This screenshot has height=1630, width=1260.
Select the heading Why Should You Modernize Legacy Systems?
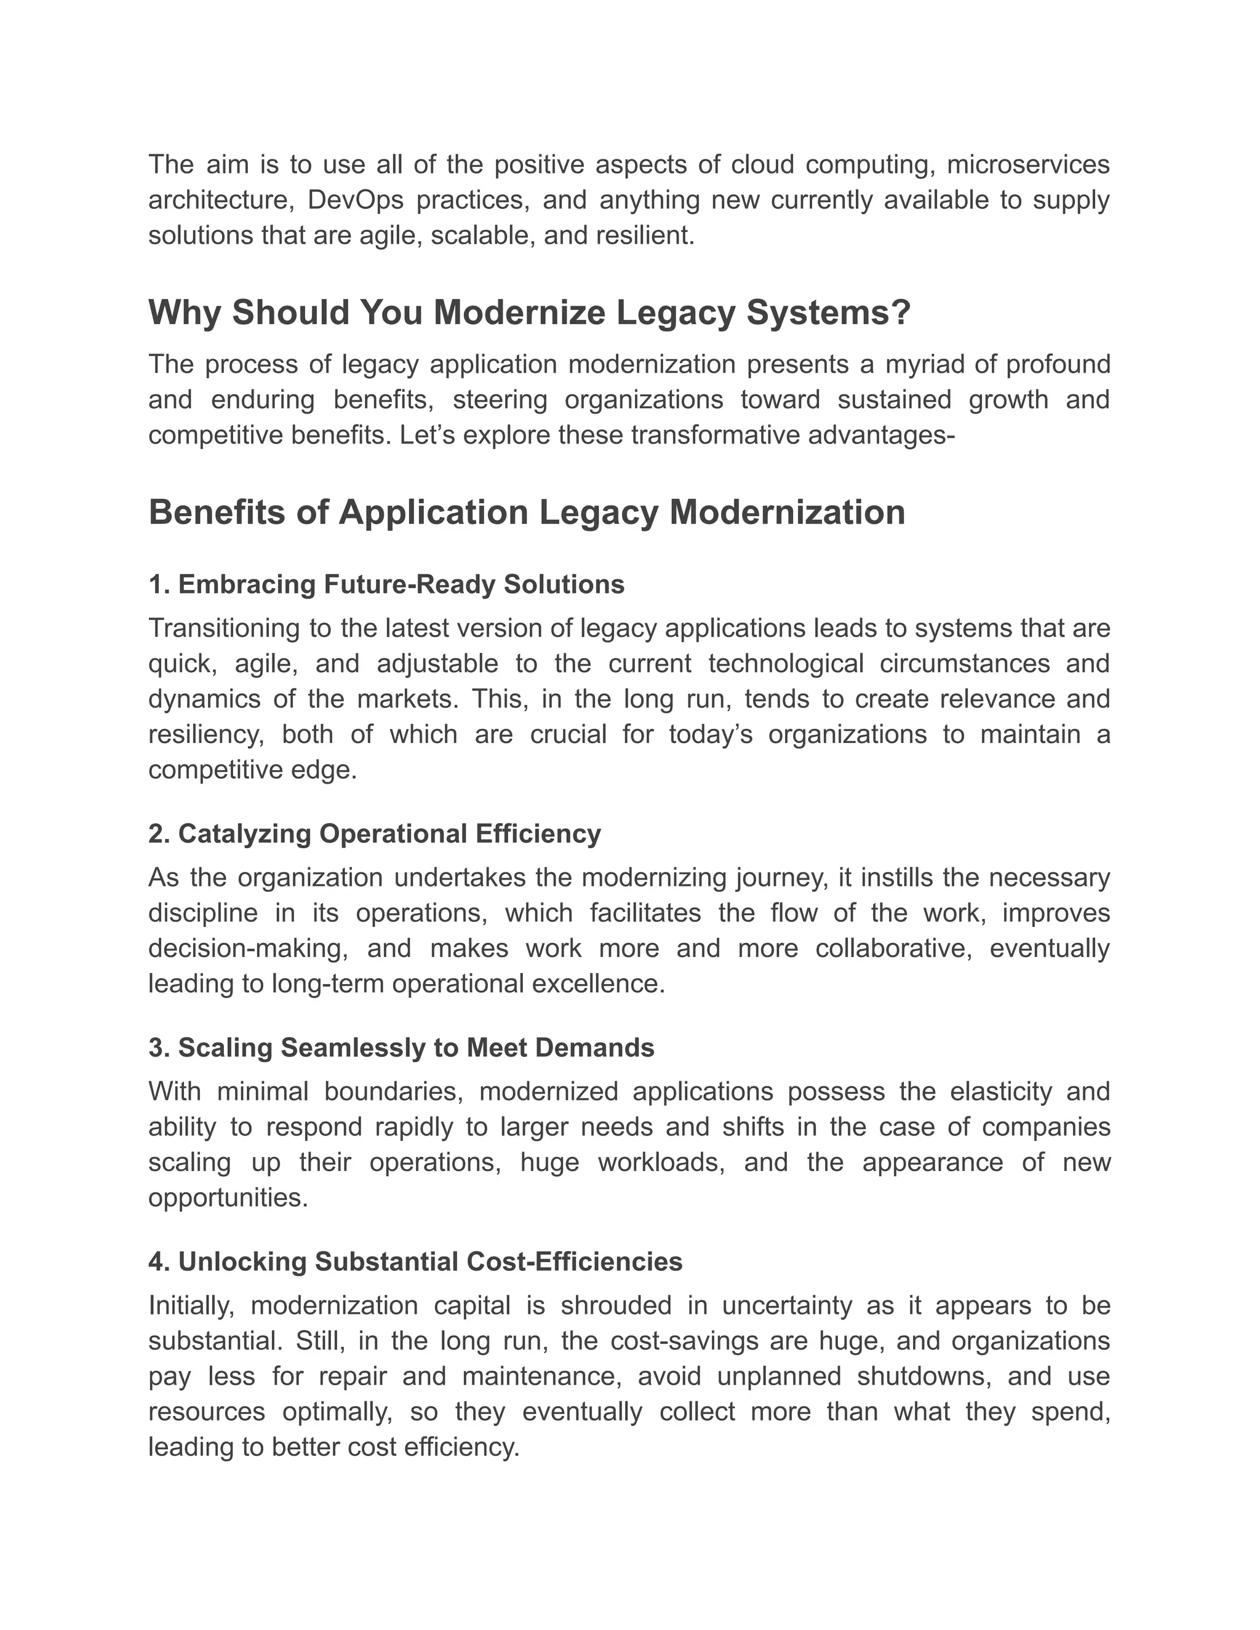pyautogui.click(x=529, y=312)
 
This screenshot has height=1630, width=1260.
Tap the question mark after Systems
pyautogui.click(x=901, y=312)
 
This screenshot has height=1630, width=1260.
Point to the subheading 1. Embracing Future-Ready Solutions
pyautogui.click(x=386, y=584)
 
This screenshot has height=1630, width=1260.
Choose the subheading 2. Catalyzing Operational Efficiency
pyautogui.click(x=374, y=833)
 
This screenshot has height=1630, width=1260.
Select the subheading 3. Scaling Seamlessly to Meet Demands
pyautogui.click(x=401, y=1048)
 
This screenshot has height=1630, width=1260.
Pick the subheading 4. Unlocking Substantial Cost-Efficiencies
pyautogui.click(x=415, y=1262)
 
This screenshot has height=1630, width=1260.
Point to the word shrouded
pyautogui.click(x=615, y=1306)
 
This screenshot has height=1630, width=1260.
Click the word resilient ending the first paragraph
pyautogui.click(x=647, y=236)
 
